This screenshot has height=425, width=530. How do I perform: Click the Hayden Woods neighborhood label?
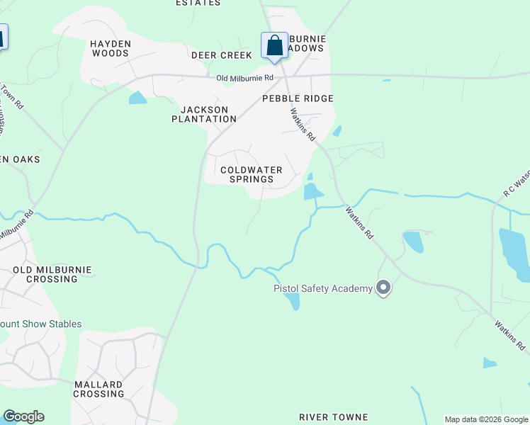click(110, 48)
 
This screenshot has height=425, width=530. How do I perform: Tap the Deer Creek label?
click(221, 55)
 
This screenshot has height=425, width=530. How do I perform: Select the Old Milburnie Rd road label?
click(245, 78)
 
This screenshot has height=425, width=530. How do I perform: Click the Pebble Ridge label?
click(298, 98)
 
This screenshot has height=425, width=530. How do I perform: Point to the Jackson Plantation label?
click(204, 114)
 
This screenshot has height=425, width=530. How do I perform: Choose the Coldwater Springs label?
click(252, 174)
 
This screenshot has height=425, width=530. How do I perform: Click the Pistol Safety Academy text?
click(323, 288)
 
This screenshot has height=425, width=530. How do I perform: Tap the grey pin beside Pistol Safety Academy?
click(383, 288)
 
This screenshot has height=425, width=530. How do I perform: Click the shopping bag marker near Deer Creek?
click(274, 46)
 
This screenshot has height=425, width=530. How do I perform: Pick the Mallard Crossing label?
click(98, 389)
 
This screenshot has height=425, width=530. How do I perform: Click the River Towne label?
click(333, 417)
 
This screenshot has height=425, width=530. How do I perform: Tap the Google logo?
click(23, 416)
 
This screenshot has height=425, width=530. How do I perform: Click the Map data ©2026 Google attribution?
click(486, 419)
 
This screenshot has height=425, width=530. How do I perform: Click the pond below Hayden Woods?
click(137, 98)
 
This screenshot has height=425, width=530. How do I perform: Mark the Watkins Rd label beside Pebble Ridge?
click(302, 123)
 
